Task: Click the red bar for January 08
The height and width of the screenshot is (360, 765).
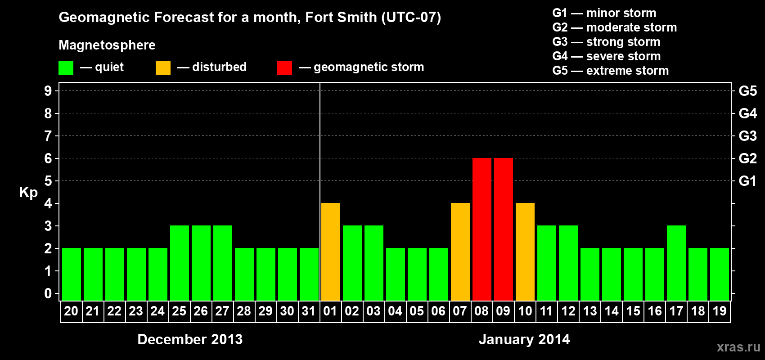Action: pos(481,229)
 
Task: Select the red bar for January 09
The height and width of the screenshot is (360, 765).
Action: pos(503,229)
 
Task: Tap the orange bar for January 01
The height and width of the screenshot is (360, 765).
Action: pos(330,252)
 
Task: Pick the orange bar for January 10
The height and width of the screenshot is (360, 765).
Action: pos(525,252)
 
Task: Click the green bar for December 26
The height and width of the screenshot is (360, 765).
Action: pos(201,263)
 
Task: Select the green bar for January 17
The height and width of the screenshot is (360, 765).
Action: pos(676,263)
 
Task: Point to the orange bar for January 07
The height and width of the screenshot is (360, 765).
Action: pos(460,252)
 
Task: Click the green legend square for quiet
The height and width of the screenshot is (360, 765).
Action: pos(66,68)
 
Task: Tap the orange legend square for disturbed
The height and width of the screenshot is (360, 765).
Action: pos(163,68)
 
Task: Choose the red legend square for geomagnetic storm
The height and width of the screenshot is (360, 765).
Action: pos(284,68)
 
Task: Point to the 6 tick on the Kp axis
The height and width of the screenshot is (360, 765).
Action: pos(48,158)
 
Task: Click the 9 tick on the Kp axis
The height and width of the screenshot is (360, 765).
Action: pos(48,91)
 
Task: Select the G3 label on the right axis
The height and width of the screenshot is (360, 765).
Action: pos(747,136)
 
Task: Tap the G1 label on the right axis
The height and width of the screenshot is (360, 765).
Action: pos(747,181)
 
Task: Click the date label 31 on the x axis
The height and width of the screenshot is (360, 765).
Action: pos(309,311)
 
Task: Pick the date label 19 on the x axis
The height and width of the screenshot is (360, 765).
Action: pos(719,311)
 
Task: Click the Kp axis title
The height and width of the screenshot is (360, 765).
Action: pos(28,192)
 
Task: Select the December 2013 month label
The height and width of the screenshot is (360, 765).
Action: pos(190,339)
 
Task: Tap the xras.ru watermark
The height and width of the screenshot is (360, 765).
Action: pos(738,347)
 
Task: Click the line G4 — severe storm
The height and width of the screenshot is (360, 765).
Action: pos(606,56)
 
